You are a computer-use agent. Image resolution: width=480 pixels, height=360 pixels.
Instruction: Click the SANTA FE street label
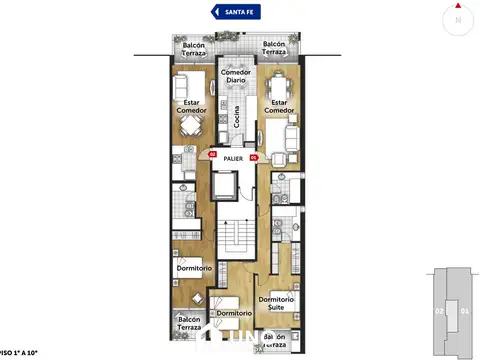click(x=240, y=11)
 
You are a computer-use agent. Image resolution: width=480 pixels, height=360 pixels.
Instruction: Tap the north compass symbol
click(x=458, y=18)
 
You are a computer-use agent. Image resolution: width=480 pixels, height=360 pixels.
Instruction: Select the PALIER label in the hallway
click(x=234, y=158)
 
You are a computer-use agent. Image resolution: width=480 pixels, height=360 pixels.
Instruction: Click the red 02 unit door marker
click(x=212, y=154)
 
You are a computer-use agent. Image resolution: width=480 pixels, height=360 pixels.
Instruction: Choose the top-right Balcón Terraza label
click(x=275, y=49)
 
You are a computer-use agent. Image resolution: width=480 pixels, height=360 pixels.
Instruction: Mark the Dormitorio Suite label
click(x=276, y=304)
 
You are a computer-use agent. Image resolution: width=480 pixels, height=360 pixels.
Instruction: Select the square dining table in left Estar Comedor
click(x=190, y=125)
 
